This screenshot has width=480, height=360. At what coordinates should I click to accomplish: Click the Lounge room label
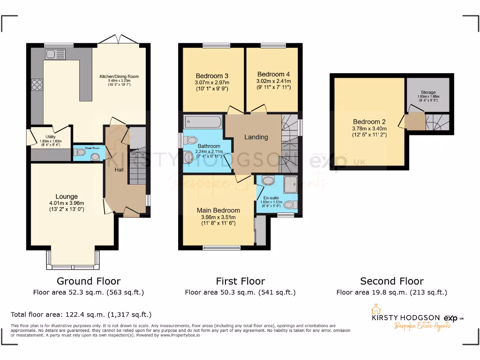coord(66,196)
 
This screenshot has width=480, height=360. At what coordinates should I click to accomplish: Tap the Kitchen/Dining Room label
coord(119,76)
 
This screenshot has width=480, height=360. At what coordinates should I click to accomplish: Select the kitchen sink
coord(55,54)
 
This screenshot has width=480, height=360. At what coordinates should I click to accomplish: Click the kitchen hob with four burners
coord(37,85)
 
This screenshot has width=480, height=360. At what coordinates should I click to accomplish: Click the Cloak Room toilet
coord(80,152)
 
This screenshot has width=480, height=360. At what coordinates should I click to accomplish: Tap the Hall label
coord(119,169)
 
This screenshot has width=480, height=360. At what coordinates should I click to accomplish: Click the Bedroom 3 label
coord(212,76)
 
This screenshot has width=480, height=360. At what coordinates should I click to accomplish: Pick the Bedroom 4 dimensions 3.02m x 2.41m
coord(274,81)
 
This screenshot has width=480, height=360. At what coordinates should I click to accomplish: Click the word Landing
coord(256,137)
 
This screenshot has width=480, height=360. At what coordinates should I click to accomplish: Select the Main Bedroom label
coord(218,210)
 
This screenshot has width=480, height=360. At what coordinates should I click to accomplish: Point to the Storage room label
coord(427,93)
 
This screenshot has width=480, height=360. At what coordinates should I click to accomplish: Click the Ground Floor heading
coord(88,281)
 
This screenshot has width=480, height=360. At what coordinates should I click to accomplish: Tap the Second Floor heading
coord(391,281)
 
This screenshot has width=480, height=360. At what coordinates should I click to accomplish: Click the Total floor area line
coord(81,315)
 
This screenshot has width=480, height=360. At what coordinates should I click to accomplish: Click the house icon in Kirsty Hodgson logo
coord(375,310)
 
